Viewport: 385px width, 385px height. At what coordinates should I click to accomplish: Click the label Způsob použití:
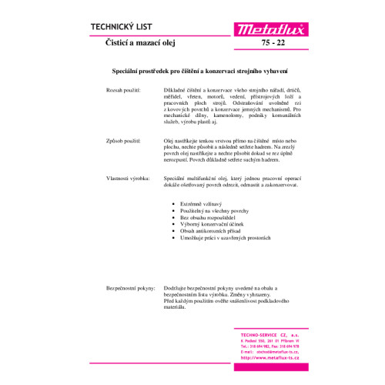click(x=123, y=142)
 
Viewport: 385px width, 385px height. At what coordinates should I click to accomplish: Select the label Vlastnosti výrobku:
click(x=128, y=179)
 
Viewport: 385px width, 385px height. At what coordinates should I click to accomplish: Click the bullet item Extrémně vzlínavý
click(x=201, y=203)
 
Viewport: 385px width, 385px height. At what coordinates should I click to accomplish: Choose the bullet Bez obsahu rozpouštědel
click(x=206, y=217)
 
